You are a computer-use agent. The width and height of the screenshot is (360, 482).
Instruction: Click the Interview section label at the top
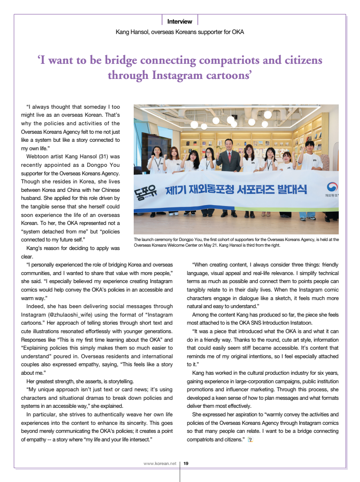tap(180, 21)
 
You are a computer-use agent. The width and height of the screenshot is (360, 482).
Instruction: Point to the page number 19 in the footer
tap(186, 464)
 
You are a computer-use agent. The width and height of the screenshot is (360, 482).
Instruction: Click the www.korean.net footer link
tap(160, 464)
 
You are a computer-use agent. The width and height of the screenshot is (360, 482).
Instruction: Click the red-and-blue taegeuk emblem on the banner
tap(332, 187)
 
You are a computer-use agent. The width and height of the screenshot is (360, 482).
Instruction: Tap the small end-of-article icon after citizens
tap(250, 440)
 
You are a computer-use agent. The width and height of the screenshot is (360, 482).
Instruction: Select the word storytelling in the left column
tap(120, 381)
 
